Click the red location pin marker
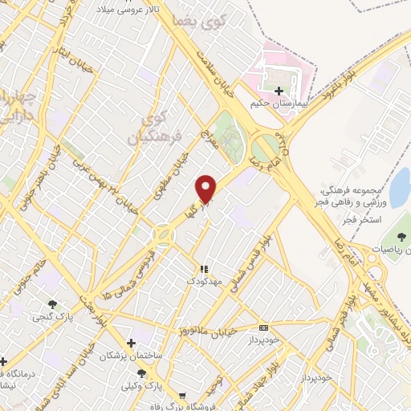pyautogui.click(x=206, y=188)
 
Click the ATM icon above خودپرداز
pyautogui.click(x=263, y=328)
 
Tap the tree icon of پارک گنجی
pyautogui.click(x=52, y=304)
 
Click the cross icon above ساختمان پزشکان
pyautogui.click(x=131, y=343)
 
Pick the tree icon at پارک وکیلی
pyautogui.click(x=142, y=373)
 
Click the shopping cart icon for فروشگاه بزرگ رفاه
pyautogui.click(x=184, y=396)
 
